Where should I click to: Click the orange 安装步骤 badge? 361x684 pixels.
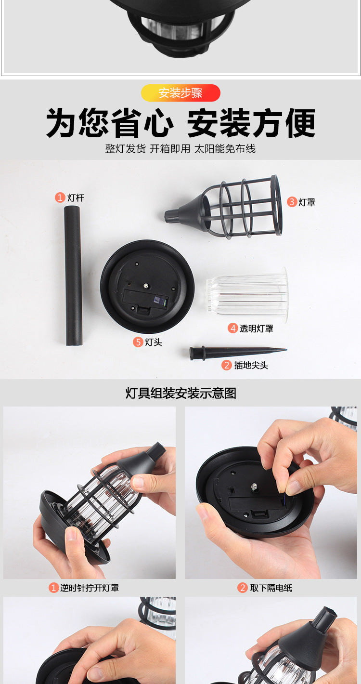point(180,93)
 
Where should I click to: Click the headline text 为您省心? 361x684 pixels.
point(110,123)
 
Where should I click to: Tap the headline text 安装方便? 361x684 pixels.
point(251,123)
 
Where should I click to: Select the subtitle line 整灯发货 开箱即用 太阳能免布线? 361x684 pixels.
point(180,149)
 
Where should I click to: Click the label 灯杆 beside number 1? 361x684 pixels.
point(76,197)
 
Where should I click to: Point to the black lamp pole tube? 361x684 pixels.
point(73,275)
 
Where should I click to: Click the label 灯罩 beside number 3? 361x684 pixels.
point(307,202)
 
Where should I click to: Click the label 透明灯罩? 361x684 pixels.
point(256,329)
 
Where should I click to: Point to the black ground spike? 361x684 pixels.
point(236,352)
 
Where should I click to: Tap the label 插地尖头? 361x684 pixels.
point(251,365)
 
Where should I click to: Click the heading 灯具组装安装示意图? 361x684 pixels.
point(180,393)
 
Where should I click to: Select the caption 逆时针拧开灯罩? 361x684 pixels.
point(89,588)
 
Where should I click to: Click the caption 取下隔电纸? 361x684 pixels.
point(271,588)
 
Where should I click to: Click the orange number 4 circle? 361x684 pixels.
point(233,329)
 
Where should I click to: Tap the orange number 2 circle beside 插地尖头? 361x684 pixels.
point(227,365)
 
